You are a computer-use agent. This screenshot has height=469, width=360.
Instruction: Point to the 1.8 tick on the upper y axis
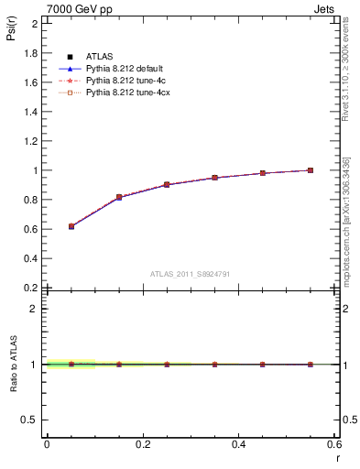tap(31, 53)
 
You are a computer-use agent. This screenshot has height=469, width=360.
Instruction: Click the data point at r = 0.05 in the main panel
tap(71, 226)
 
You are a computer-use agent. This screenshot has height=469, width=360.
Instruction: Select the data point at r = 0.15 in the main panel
tap(119, 197)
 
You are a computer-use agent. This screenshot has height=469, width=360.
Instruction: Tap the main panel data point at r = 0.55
tap(311, 170)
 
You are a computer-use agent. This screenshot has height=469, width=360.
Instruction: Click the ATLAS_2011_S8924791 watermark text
tap(189, 273)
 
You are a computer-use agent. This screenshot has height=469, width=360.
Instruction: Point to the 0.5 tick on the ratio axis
tap(31, 420)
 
